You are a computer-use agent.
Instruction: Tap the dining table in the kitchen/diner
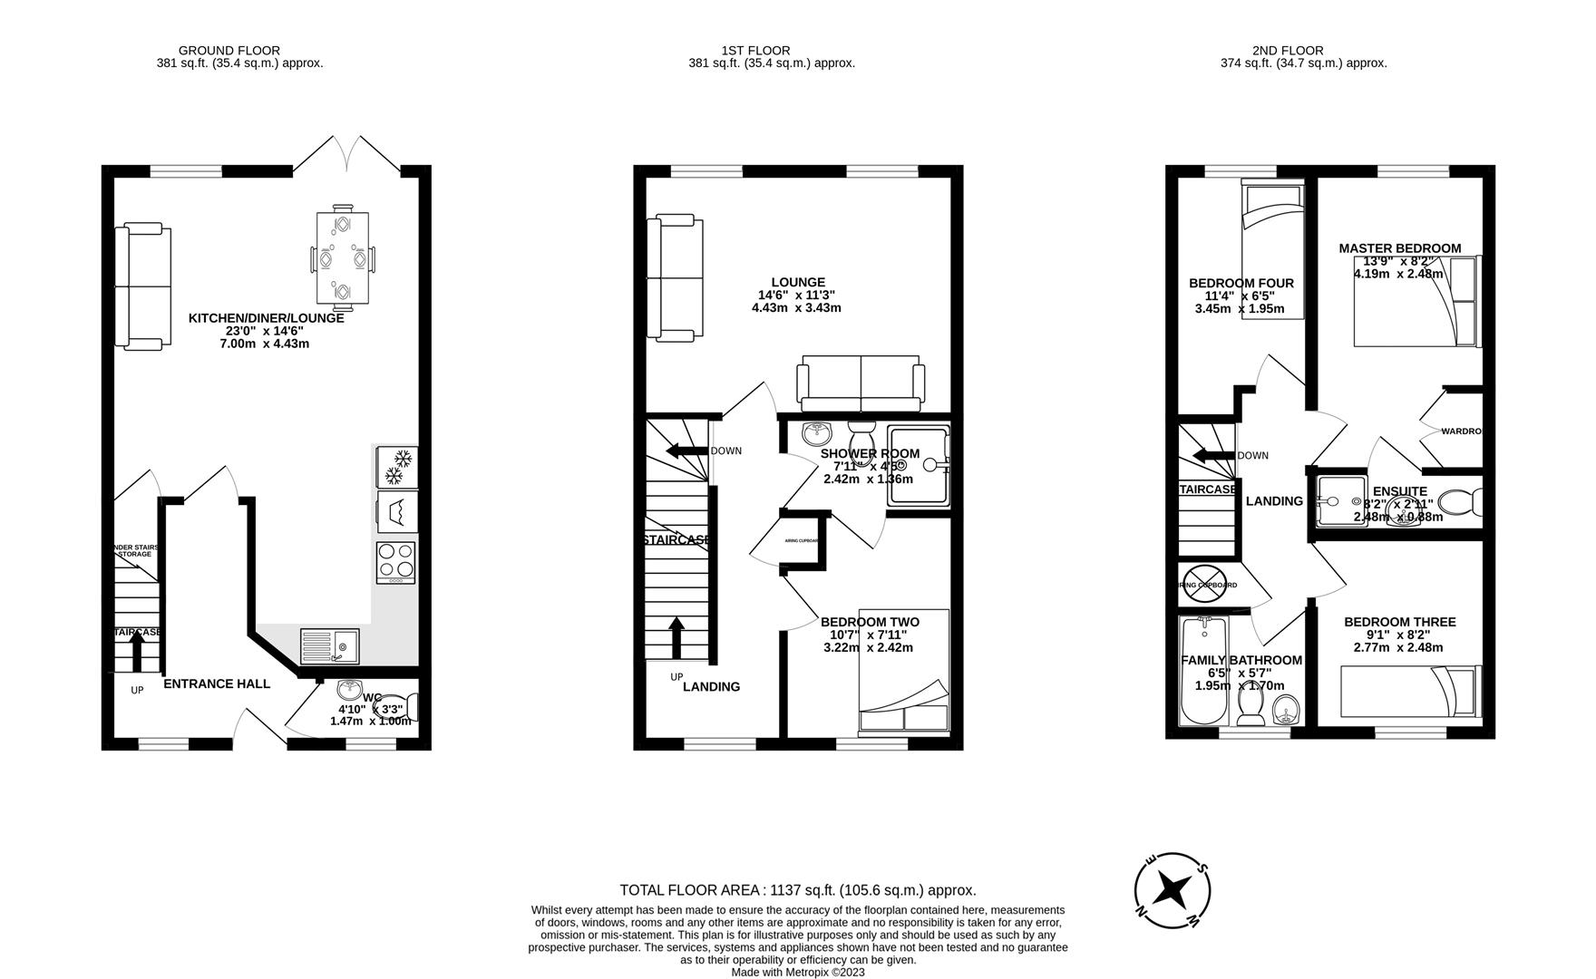click(x=343, y=257)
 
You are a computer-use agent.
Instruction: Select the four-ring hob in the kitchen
click(x=395, y=562)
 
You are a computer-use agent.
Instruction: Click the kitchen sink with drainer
click(x=330, y=645)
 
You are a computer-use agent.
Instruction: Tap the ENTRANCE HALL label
click(x=216, y=683)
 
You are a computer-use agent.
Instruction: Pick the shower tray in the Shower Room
click(x=919, y=466)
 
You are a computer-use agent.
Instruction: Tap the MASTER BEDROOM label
click(x=1399, y=247)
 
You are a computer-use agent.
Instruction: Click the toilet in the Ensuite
click(x=1459, y=501)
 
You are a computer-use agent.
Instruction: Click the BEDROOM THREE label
click(x=1399, y=622)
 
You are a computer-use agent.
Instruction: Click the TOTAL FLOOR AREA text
click(x=797, y=890)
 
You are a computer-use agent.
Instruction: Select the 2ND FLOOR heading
click(x=1287, y=51)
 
